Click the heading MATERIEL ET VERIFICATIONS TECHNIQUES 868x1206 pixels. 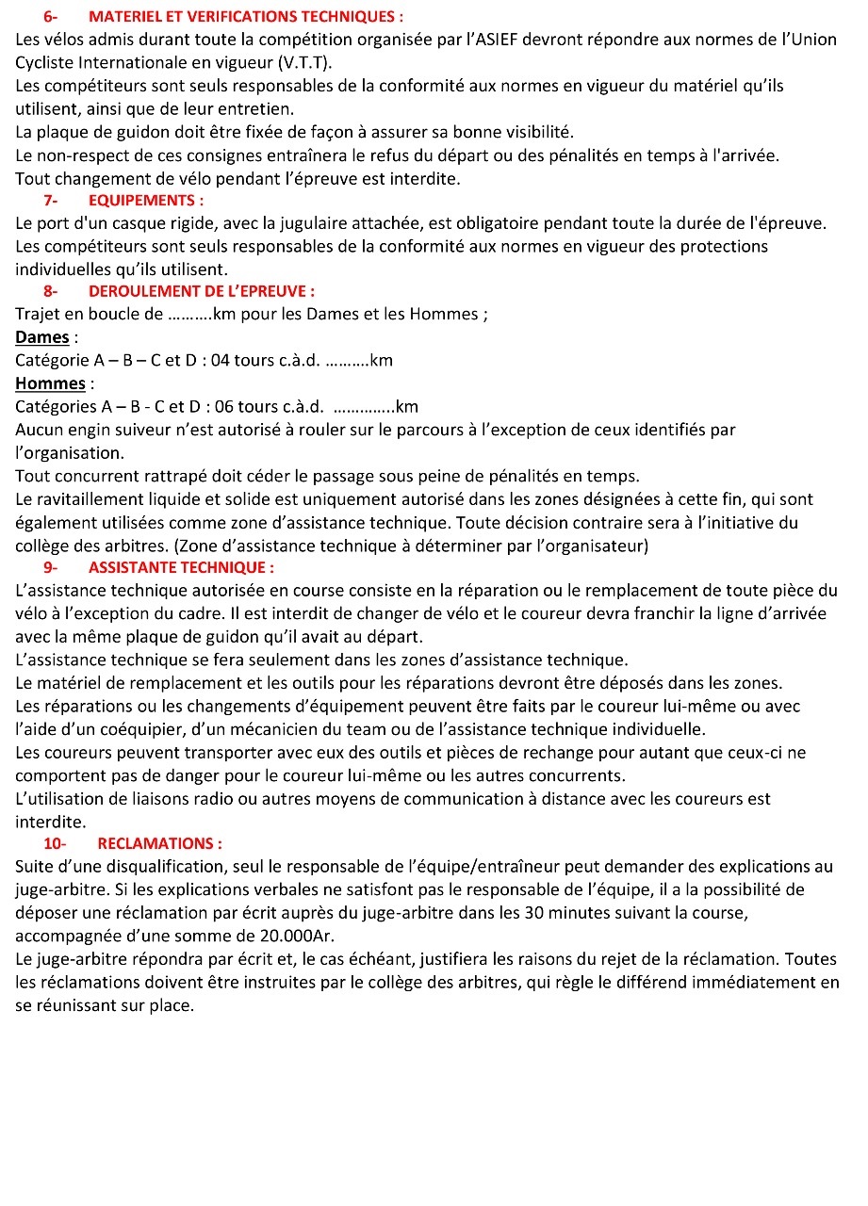coord(246,17)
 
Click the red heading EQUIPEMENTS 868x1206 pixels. coord(146,201)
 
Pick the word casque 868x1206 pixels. coord(148,223)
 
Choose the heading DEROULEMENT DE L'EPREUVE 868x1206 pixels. coord(202,292)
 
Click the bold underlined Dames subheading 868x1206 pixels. coord(42,337)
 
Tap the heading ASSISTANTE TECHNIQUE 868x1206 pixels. coord(181,567)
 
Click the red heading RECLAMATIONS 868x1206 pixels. coord(159,843)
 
